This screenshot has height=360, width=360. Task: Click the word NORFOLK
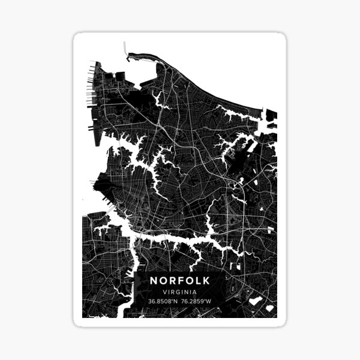[180, 280]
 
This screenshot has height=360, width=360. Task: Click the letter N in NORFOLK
[154, 280]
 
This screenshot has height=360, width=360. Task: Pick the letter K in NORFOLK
[206, 280]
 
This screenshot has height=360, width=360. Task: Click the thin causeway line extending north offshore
[125, 49]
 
